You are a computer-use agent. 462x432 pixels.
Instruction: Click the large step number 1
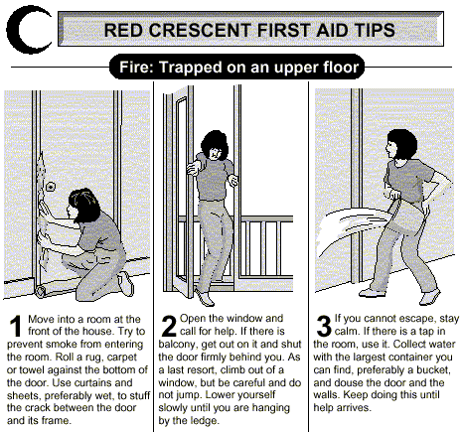click(x=15, y=326)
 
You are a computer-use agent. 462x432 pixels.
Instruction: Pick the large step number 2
click(x=169, y=326)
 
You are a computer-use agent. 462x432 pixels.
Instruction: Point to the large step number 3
click(x=324, y=326)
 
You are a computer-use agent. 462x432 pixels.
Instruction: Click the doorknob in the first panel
click(x=51, y=187)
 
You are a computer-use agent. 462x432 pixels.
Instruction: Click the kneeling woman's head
click(x=83, y=205)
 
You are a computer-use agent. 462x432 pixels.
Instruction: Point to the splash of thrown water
click(x=348, y=231)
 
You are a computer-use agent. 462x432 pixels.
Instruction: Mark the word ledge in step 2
click(x=205, y=421)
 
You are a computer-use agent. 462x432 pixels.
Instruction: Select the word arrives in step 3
click(x=355, y=408)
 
